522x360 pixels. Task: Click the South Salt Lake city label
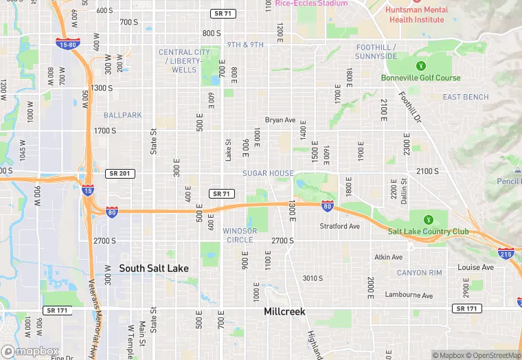click(154, 268)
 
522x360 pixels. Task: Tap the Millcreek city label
click(284, 311)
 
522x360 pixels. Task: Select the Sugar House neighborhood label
click(268, 173)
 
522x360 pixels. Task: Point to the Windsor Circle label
click(240, 235)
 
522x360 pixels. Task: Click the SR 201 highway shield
click(120, 174)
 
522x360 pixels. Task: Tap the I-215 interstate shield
click(506, 254)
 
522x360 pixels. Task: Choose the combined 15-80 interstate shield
click(66, 43)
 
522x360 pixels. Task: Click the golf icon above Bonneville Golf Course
click(421, 66)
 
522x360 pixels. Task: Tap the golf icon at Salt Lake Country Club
click(429, 220)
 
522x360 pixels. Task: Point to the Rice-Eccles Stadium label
click(311, 3)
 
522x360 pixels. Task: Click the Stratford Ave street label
click(340, 226)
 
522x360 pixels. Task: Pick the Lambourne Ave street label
click(408, 295)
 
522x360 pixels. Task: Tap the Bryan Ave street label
click(280, 120)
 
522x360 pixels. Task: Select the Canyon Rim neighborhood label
click(419, 273)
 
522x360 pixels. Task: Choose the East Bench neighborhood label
click(466, 98)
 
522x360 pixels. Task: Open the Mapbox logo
click(30, 351)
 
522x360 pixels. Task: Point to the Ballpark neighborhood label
click(123, 115)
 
